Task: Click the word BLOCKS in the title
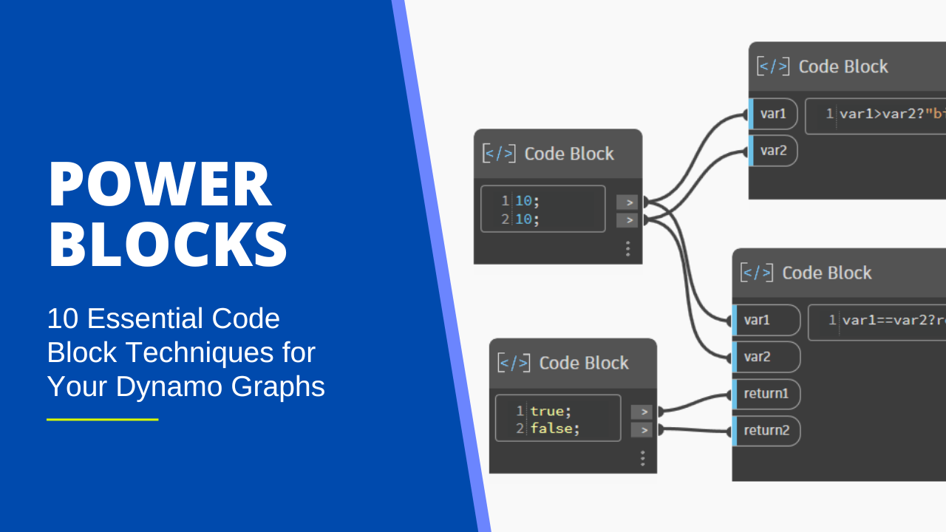(x=168, y=245)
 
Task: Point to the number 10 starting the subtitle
(x=64, y=318)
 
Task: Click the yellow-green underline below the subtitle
(x=103, y=420)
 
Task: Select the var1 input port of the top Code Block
(x=773, y=114)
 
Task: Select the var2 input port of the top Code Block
(x=773, y=151)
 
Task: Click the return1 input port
(x=766, y=394)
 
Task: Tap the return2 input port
(x=766, y=431)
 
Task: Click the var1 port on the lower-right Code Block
(x=757, y=320)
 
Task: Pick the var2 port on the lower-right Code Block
(x=757, y=357)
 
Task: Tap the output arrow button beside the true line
(x=642, y=412)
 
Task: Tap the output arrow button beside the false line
(x=642, y=430)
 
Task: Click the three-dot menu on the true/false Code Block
(x=642, y=459)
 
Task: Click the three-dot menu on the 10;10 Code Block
(x=627, y=248)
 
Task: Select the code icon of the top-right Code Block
(x=772, y=66)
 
